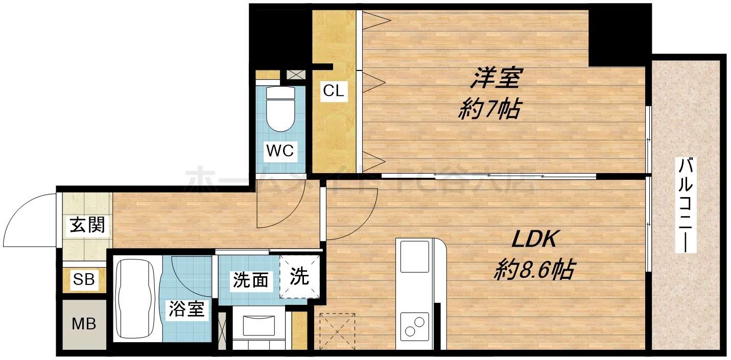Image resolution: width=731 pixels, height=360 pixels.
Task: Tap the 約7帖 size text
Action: click(489, 109)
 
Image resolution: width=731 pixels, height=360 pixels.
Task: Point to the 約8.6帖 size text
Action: click(533, 269)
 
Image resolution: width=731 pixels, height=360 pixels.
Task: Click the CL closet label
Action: click(334, 91)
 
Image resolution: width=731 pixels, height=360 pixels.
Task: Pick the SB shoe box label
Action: click(84, 279)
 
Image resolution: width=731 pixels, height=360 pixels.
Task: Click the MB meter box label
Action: click(84, 324)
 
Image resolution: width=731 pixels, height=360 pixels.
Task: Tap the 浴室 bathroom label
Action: click(187, 309)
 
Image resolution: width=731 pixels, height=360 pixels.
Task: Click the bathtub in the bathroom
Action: click(135, 299)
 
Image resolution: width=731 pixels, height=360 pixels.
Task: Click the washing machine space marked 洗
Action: click(300, 277)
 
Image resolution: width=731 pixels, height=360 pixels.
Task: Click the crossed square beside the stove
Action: click(337, 331)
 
